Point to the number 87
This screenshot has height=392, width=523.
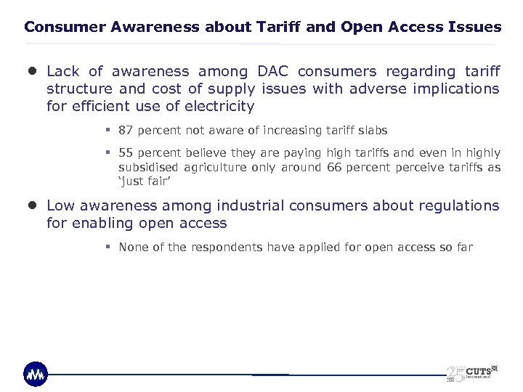126,131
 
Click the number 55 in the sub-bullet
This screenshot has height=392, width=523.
126,152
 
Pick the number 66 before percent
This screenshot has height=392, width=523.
334,167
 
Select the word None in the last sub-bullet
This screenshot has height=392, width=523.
133,247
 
